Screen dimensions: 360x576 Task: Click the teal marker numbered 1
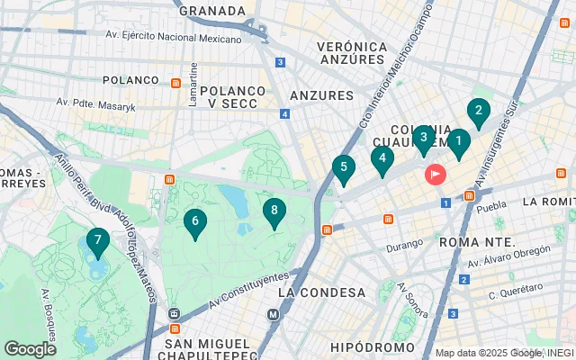pos(458,142)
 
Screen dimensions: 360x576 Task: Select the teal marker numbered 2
pos(479,112)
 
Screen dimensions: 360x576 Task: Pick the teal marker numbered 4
pos(382,159)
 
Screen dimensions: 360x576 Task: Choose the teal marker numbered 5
pos(343,168)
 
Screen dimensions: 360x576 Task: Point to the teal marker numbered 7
pos(97,241)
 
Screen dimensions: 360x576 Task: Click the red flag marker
pos(437,173)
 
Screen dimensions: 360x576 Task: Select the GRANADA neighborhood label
pos(212,11)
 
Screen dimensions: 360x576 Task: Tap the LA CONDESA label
pos(322,292)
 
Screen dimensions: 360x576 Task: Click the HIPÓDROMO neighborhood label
pos(371,346)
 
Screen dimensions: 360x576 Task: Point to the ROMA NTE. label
pos(477,242)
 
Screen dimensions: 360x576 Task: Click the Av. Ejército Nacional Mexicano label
pos(174,37)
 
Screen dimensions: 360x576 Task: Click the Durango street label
pos(405,244)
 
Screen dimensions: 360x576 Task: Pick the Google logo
pos(30,348)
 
